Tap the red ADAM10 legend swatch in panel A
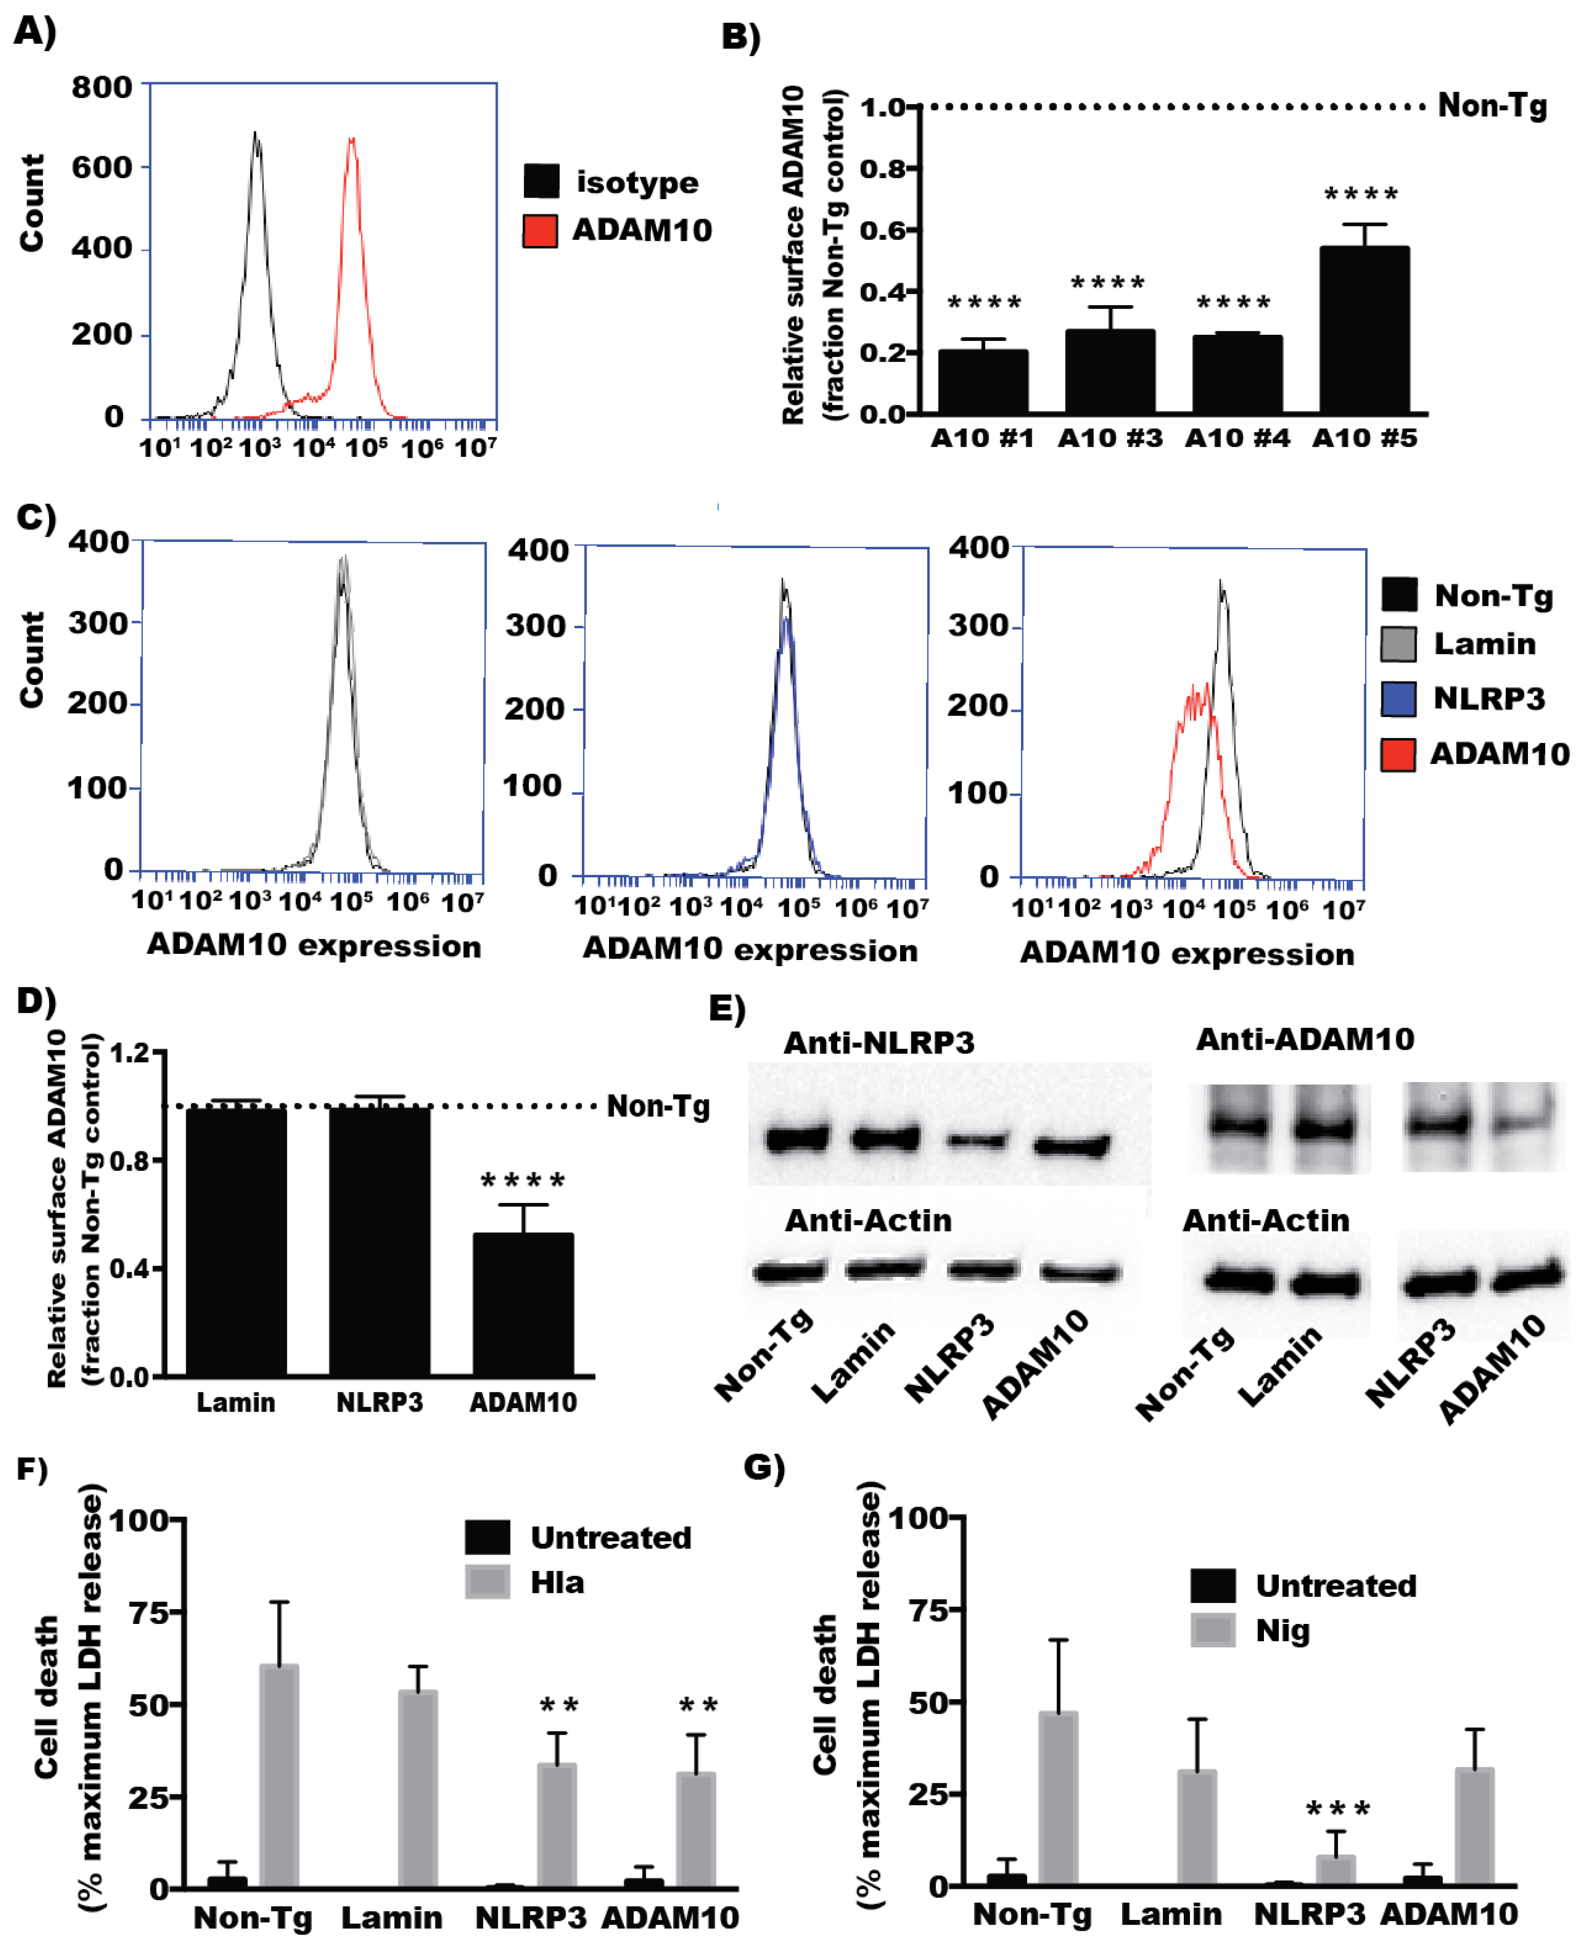541,231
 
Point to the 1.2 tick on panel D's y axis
129,1053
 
